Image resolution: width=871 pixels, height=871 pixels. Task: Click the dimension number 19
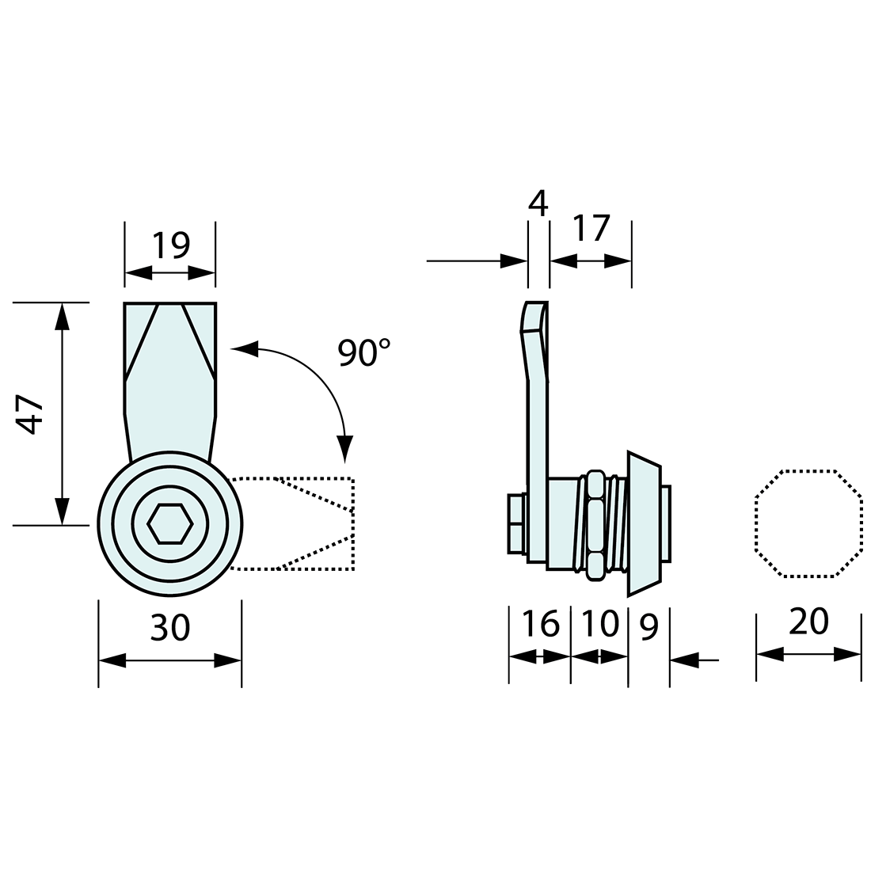point(171,245)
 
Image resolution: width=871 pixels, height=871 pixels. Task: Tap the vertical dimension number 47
point(29,414)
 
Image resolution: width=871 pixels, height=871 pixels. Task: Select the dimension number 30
point(170,627)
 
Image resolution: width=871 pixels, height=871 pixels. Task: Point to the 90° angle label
point(364,352)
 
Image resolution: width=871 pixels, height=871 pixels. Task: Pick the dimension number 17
point(591,228)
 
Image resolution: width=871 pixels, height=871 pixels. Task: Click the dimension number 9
point(648,626)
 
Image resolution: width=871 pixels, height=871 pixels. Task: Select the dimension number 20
point(808,622)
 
